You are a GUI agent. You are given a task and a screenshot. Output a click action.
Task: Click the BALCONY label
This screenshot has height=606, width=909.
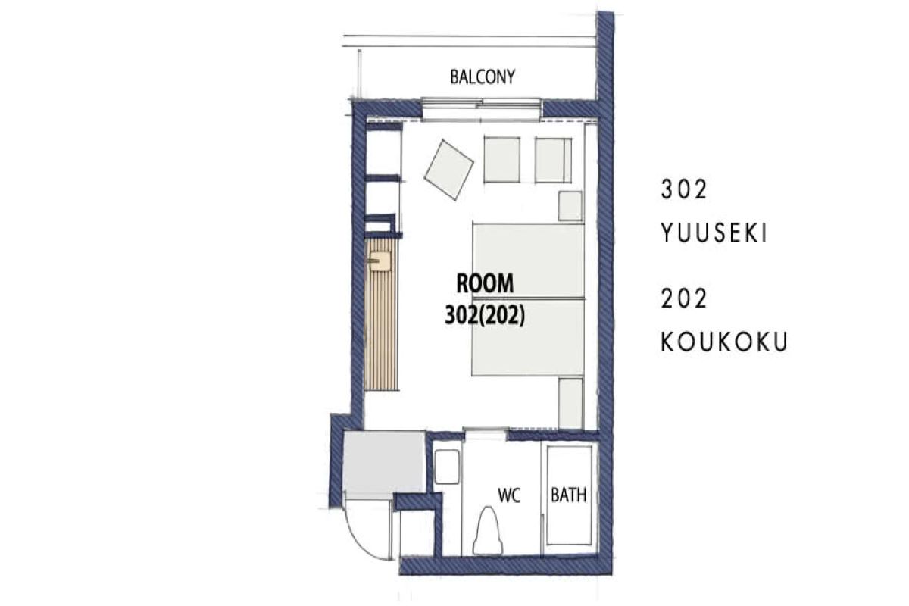pos(483,77)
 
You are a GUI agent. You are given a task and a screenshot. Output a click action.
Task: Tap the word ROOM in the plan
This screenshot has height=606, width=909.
pos(485,283)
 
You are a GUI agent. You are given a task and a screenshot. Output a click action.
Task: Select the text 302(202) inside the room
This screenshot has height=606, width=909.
pos(485,315)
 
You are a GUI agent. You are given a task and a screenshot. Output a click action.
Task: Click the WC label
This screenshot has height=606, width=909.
pos(509,495)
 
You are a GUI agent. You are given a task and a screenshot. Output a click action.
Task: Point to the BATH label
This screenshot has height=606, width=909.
pos(568,495)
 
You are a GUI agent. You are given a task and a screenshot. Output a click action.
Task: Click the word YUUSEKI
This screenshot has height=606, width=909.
pos(714,233)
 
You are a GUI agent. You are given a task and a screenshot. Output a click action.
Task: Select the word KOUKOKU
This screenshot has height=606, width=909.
pos(724,342)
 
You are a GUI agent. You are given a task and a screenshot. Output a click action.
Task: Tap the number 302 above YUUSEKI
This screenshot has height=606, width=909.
pos(684,189)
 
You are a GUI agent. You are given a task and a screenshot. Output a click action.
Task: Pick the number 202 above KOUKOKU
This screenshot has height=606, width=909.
pos(684,298)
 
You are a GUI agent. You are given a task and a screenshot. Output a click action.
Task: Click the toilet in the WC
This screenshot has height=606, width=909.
pos(488,530)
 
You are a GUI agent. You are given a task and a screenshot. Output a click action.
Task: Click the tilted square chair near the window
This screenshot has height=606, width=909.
pos(448,170)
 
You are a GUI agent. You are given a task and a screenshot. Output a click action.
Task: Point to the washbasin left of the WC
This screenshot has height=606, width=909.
pos(447,467)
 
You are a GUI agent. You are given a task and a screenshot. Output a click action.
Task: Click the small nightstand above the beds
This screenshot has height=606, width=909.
pos(570,206)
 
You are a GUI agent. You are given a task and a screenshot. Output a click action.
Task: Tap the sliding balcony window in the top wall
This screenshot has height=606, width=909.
pos(481,110)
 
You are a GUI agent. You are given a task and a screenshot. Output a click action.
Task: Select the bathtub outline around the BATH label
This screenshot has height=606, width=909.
pos(569,495)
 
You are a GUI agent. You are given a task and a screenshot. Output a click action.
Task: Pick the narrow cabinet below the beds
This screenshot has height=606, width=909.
pos(571,404)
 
